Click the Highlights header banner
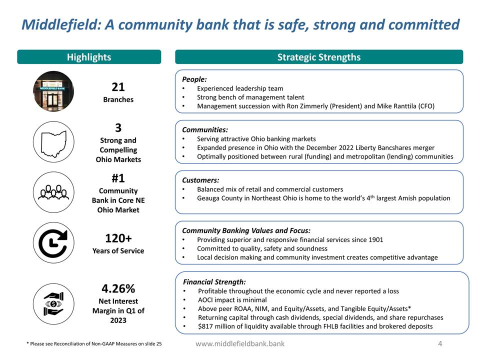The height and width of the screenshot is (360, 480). pos(89,57)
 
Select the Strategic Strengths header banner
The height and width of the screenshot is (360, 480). pos(318,57)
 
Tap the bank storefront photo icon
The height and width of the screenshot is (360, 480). pos(53,91)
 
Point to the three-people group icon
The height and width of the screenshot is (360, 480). pos(53,192)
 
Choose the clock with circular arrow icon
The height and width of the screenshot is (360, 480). pos(53,242)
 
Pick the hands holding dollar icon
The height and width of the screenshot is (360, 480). pos(53,303)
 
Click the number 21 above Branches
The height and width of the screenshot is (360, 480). pos(118,87)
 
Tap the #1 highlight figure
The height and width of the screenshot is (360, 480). pos(118,178)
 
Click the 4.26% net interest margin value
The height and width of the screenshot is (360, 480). pos(118,288)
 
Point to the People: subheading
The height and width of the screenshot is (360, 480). pos(194,79)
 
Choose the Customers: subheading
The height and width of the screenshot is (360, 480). pos(200,180)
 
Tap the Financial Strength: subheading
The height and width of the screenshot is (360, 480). pos(214,281)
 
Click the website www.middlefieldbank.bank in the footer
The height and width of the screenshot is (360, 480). pos(240,344)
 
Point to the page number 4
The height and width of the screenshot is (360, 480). pos(440,343)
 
